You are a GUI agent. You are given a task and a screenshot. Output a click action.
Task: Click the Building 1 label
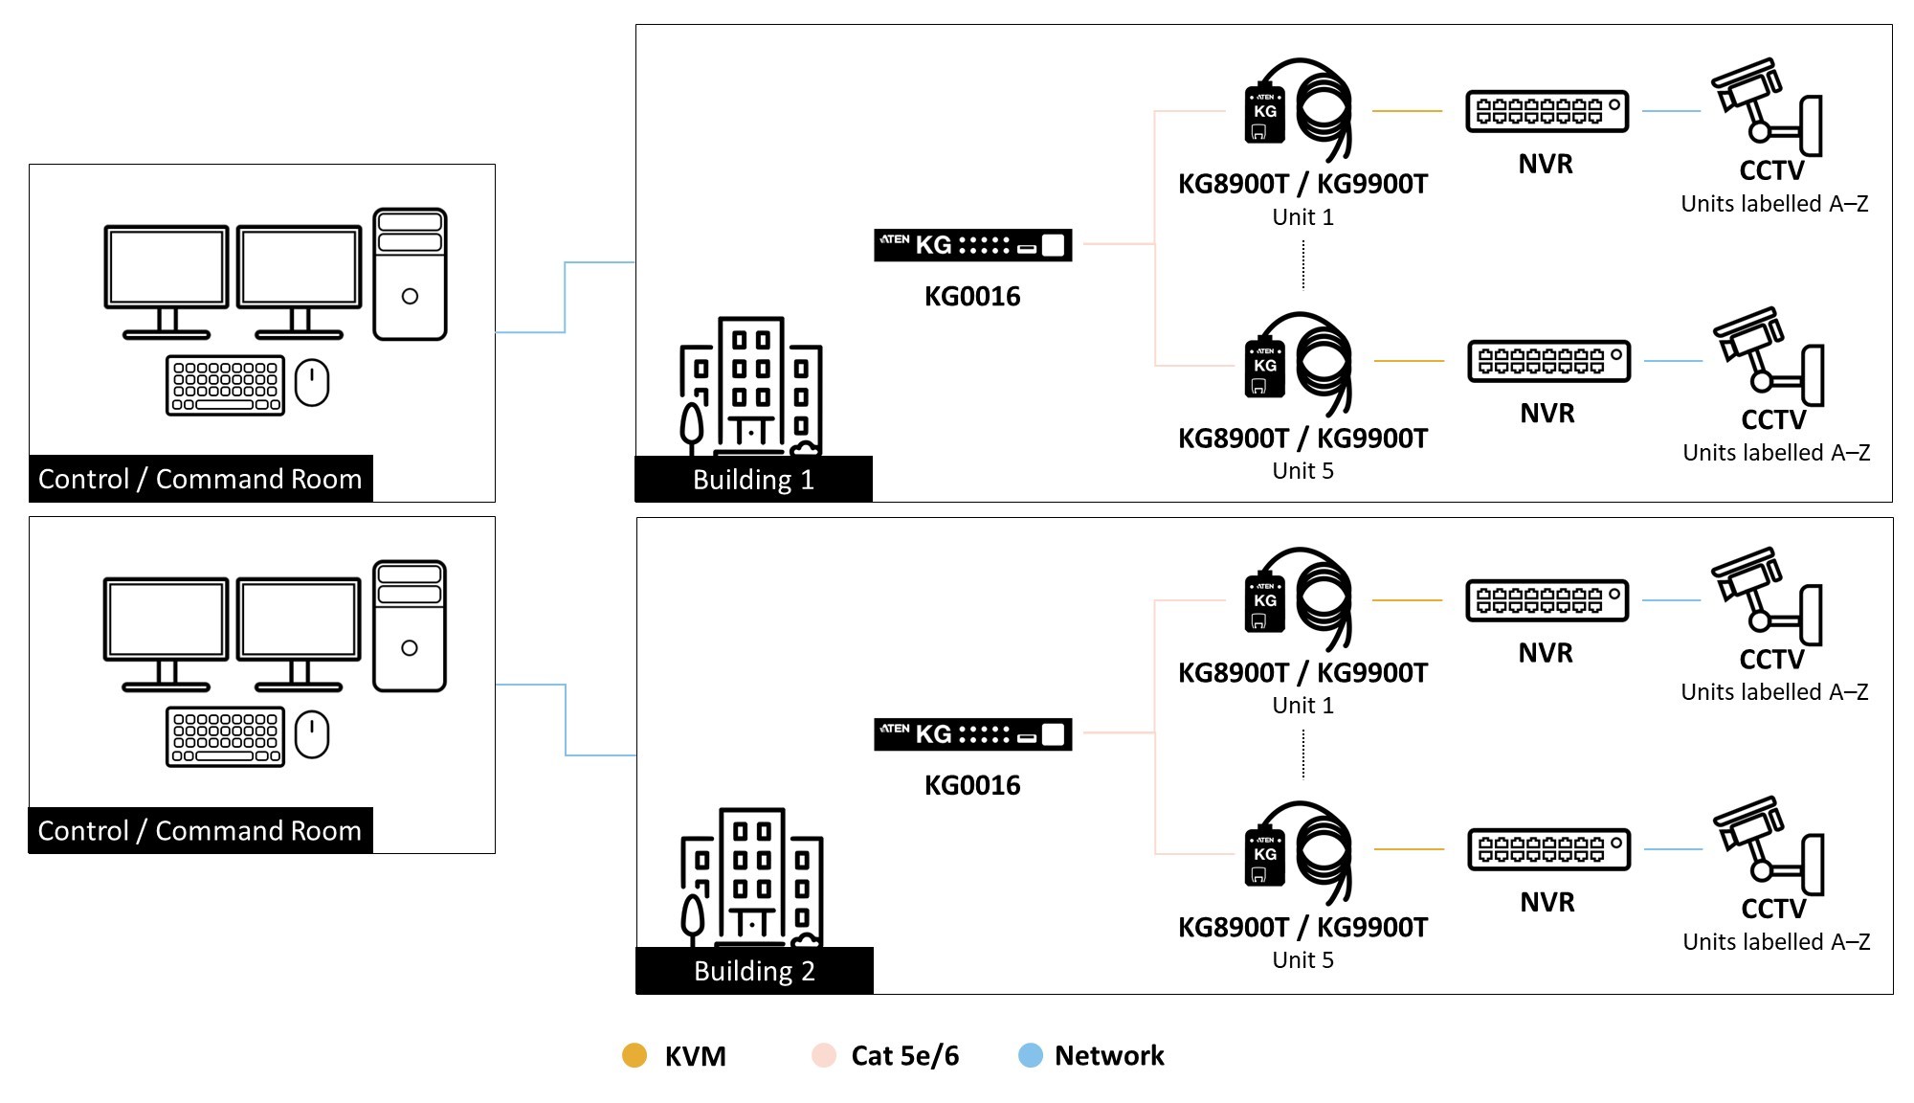pyautogui.click(x=753, y=479)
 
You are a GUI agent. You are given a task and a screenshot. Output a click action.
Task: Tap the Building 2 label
pyautogui.click(x=754, y=970)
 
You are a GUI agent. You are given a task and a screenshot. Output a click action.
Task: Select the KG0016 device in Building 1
pyautogui.click(x=972, y=245)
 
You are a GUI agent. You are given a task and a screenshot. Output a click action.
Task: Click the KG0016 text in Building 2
pyautogui.click(x=972, y=785)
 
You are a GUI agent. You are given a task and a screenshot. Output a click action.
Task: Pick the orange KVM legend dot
pyautogui.click(x=634, y=1055)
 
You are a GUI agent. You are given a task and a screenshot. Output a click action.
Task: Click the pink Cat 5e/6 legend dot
pyautogui.click(x=823, y=1055)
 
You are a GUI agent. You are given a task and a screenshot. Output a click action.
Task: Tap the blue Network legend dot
pyautogui.click(x=1030, y=1055)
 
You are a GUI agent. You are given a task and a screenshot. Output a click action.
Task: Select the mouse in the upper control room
pyautogui.click(x=312, y=383)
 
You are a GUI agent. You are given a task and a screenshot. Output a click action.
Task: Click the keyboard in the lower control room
pyautogui.click(x=225, y=736)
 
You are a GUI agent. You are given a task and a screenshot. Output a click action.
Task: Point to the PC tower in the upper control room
pyautogui.click(x=410, y=274)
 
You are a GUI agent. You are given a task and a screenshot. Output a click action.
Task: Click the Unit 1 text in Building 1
pyautogui.click(x=1302, y=217)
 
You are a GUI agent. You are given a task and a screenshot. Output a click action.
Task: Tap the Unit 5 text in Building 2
pyautogui.click(x=1302, y=959)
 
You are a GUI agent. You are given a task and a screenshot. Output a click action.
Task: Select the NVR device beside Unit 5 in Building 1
pyautogui.click(x=1548, y=361)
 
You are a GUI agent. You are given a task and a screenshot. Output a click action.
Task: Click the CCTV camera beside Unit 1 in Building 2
pyautogui.click(x=1766, y=597)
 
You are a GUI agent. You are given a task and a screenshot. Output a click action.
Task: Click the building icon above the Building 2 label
pyautogui.click(x=751, y=876)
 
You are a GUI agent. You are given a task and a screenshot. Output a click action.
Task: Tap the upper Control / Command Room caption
pyautogui.click(x=200, y=479)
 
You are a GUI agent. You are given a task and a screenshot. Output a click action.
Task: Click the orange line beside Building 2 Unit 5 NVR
pyautogui.click(x=1409, y=849)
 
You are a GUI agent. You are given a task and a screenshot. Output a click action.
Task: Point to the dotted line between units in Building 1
pyautogui.click(x=1303, y=263)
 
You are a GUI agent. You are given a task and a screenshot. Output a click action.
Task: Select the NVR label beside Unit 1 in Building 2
pyautogui.click(x=1545, y=653)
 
